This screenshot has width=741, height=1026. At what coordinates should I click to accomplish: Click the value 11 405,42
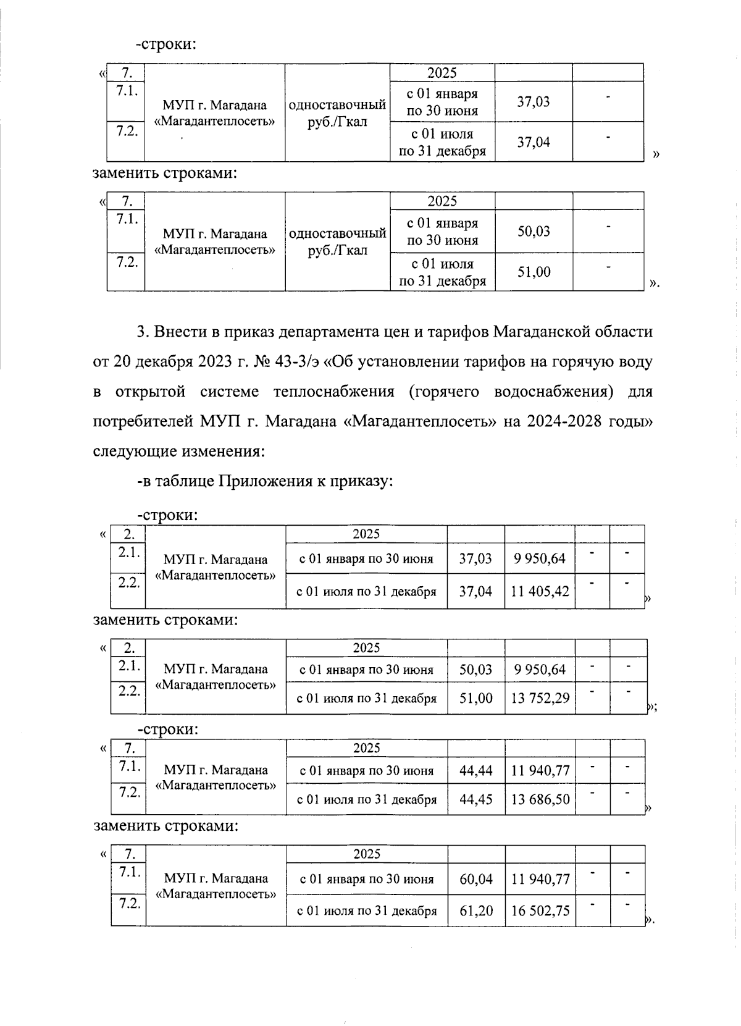[540, 592]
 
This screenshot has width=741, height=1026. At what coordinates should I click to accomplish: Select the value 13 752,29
[540, 699]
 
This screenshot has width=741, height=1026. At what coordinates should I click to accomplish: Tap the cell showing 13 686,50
[540, 799]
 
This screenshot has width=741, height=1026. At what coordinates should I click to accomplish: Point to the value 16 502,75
[540, 910]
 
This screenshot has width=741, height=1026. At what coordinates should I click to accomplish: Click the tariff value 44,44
[475, 770]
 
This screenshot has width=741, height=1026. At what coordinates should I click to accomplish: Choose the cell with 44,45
[475, 799]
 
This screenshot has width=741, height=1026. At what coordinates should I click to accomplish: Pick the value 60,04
[476, 879]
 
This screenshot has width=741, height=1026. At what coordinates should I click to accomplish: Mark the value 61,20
[476, 910]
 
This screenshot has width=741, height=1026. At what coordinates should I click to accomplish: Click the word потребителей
[143, 422]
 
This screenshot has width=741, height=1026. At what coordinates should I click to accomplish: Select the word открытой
[150, 392]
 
